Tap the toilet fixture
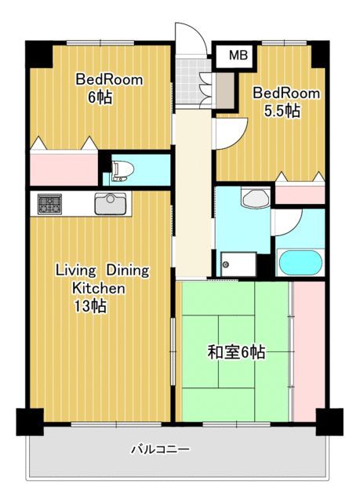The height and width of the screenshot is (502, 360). pos(122,171)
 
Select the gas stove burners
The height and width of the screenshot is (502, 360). pos(49,204)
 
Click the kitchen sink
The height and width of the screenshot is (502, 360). pos(110,204)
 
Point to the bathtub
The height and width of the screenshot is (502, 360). pos(300,263)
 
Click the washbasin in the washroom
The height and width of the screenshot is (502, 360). pos(256,198)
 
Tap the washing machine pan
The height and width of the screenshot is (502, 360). pos(238,264)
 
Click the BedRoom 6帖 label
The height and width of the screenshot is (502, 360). pos(109,89)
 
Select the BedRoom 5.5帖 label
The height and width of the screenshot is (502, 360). pos(286,102)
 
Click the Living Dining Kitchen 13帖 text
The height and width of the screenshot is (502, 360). pos(102,288)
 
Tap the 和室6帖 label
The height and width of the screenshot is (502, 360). pos(236,352)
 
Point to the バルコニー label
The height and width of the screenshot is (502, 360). pos(160,449)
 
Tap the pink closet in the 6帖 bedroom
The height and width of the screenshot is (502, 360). pos(64,169)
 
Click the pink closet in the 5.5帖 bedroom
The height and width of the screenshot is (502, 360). pos(300,195)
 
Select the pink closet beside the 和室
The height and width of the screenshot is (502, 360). pos(309,351)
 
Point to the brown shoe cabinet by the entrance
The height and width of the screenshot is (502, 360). pos(225,91)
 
